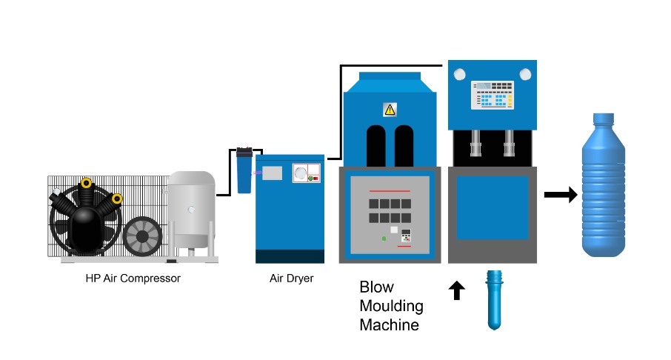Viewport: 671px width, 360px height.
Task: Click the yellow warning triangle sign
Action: pyautogui.click(x=390, y=110)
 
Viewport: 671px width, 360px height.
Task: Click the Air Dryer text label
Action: pyautogui.click(x=291, y=279)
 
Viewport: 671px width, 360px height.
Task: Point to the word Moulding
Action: pyautogui.click(x=391, y=306)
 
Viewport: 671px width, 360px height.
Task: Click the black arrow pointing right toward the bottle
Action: pyautogui.click(x=561, y=195)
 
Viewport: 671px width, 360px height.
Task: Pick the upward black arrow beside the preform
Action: pyautogui.click(x=456, y=290)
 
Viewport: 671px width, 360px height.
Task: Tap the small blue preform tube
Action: pyautogui.click(x=493, y=299)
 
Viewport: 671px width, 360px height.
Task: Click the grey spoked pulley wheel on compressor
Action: pyautogui.click(x=142, y=236)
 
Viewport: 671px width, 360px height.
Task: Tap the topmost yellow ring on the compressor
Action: pyautogui.click(x=87, y=182)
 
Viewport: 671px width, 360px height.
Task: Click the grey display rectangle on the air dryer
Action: pyautogui.click(x=272, y=173)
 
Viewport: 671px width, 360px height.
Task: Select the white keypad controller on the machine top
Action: pyautogui.click(x=493, y=95)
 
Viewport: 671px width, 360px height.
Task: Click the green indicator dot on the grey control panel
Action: pyautogui.click(x=384, y=238)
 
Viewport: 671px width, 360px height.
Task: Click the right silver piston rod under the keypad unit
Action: pyautogui.click(x=510, y=141)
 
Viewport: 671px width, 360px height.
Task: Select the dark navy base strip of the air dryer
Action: pyautogui.click(x=290, y=256)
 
